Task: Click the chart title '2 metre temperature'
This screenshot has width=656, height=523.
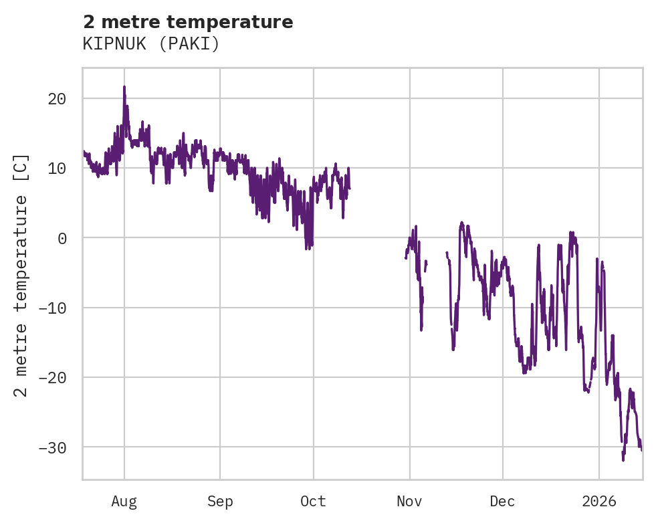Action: (188, 22)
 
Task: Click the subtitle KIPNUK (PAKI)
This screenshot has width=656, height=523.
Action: (151, 44)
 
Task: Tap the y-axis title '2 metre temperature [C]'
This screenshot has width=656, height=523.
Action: (22, 275)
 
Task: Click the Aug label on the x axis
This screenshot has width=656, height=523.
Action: (124, 502)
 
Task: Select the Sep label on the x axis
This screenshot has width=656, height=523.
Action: (219, 502)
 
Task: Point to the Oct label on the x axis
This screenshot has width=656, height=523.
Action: (313, 502)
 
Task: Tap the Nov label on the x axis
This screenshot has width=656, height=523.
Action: (409, 502)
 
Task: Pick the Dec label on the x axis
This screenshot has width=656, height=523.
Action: (502, 502)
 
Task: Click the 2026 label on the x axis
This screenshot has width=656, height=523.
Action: (599, 502)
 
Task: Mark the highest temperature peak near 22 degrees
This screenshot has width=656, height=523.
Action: (124, 87)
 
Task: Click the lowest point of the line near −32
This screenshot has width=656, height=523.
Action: (623, 459)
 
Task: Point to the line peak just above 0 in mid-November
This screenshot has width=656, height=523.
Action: (461, 223)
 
